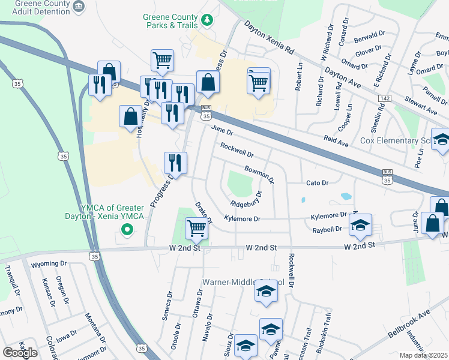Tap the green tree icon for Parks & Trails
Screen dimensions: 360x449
click(x=208, y=21)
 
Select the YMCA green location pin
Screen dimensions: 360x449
click(x=127, y=229)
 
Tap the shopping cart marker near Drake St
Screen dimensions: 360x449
click(x=197, y=228)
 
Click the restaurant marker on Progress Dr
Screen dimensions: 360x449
click(x=176, y=162)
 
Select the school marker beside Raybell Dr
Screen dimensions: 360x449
click(x=361, y=225)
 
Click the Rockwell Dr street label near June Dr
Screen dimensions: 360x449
click(x=237, y=149)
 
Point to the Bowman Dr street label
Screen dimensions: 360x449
click(x=259, y=174)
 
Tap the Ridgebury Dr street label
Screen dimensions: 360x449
click(x=243, y=199)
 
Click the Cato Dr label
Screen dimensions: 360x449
click(x=318, y=183)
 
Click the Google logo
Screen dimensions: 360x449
click(x=20, y=352)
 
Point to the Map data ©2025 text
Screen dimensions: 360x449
click(x=424, y=355)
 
